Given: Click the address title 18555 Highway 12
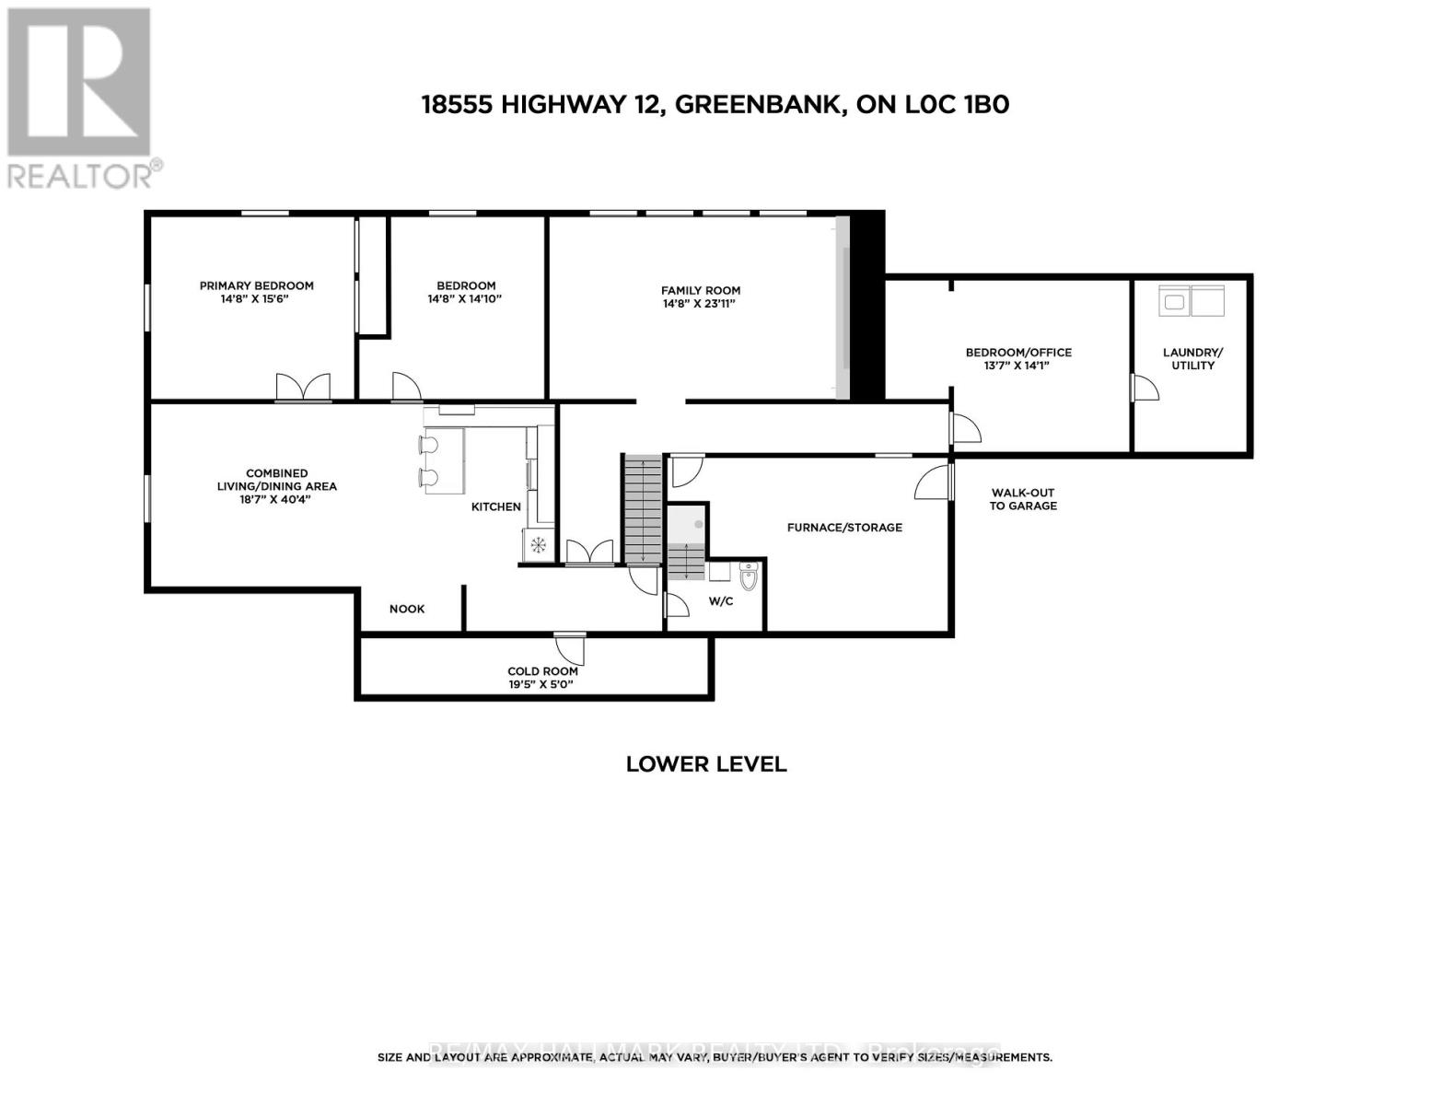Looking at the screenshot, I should tap(715, 105).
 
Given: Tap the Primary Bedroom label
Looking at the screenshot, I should tap(256, 285).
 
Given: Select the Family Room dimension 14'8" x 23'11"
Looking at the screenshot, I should tap(700, 304).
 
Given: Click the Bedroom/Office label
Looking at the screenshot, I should tap(1018, 352).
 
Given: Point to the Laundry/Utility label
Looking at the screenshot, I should tap(1192, 358).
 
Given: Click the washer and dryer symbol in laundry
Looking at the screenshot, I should tap(1192, 300).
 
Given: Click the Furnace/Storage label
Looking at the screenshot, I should tap(843, 528).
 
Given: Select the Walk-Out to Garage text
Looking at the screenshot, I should tap(1022, 499).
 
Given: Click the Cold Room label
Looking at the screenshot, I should tap(542, 671).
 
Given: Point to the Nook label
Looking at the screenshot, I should tap(407, 609).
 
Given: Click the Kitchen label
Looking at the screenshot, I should tap(496, 506).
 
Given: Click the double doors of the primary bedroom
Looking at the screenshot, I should tap(303, 388).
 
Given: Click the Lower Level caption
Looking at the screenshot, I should tap(705, 764).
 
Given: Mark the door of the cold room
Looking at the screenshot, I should tap(571, 649).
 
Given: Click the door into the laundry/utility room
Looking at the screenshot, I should tap(1144, 388).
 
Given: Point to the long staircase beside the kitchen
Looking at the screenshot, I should tap(642, 509).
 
